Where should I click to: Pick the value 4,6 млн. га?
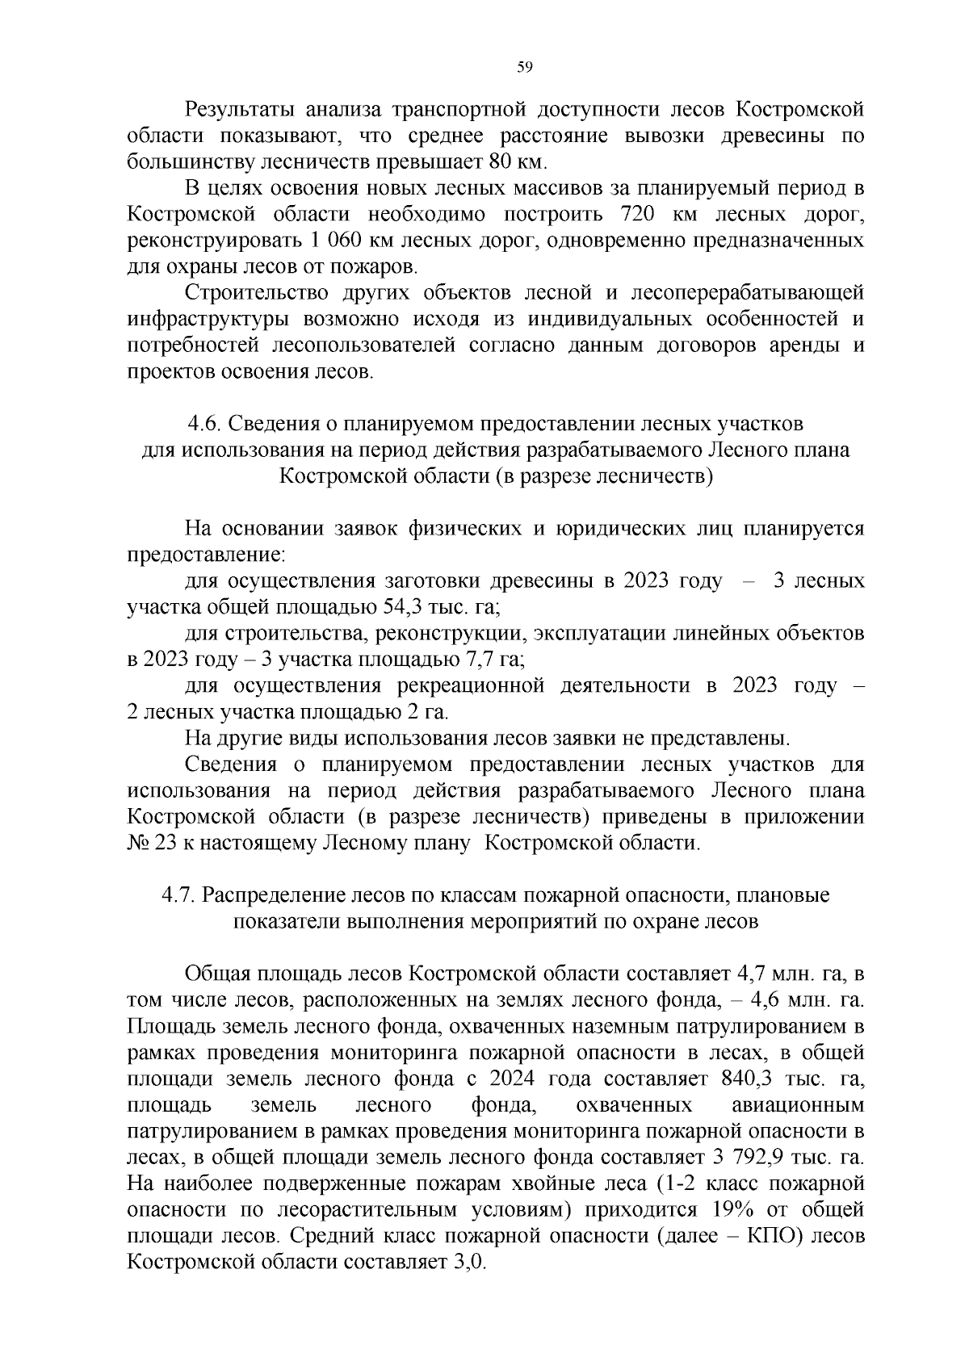pos(807,1000)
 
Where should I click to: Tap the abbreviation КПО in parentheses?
pos(774,1236)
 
